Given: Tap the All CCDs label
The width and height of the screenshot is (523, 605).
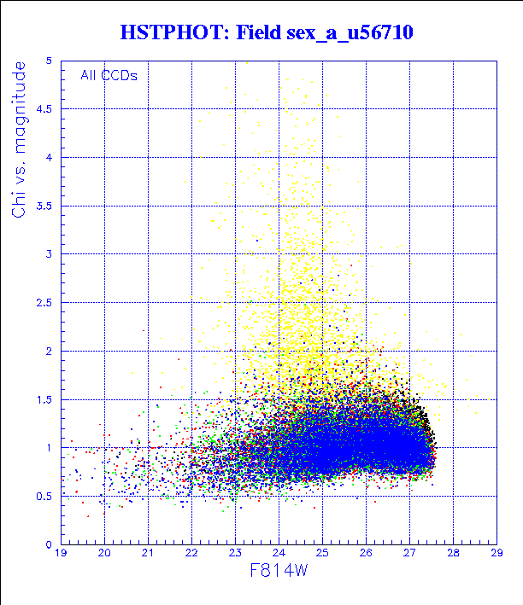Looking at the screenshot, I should (109, 74).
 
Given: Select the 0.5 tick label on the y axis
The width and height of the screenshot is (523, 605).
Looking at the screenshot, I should (44, 496).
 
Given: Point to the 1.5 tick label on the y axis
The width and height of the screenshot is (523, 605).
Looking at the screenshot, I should (44, 399).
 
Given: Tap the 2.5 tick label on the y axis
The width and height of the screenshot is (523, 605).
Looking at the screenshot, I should (44, 303).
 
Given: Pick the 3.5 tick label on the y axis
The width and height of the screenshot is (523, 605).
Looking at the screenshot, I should (44, 206).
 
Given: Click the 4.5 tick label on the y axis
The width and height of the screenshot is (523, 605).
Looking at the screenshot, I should (44, 109).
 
